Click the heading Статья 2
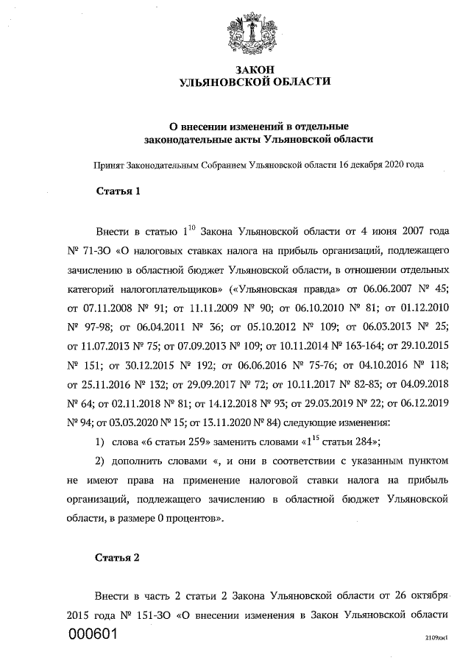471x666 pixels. coord(118,556)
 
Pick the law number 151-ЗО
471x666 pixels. coord(155,614)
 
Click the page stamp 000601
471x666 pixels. coord(93,634)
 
